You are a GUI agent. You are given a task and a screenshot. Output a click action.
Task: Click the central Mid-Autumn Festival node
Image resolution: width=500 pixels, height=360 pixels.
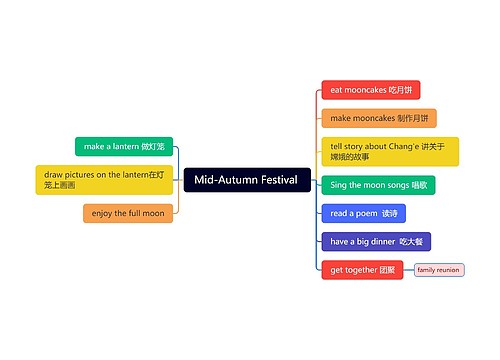coord(246,180)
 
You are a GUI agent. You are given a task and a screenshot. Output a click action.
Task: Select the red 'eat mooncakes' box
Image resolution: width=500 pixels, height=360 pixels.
coord(370,90)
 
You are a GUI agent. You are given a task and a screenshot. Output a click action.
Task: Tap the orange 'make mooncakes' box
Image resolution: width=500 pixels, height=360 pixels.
coord(378,118)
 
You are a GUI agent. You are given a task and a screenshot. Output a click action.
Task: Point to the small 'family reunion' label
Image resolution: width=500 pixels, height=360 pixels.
coord(439,270)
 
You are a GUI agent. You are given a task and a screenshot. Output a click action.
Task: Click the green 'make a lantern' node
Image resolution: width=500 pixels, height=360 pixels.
coord(124,147)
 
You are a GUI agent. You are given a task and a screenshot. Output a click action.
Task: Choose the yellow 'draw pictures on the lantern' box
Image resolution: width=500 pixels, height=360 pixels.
coord(104,180)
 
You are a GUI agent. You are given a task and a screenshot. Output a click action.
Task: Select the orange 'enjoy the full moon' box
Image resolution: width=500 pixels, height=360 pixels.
coord(128,213)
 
